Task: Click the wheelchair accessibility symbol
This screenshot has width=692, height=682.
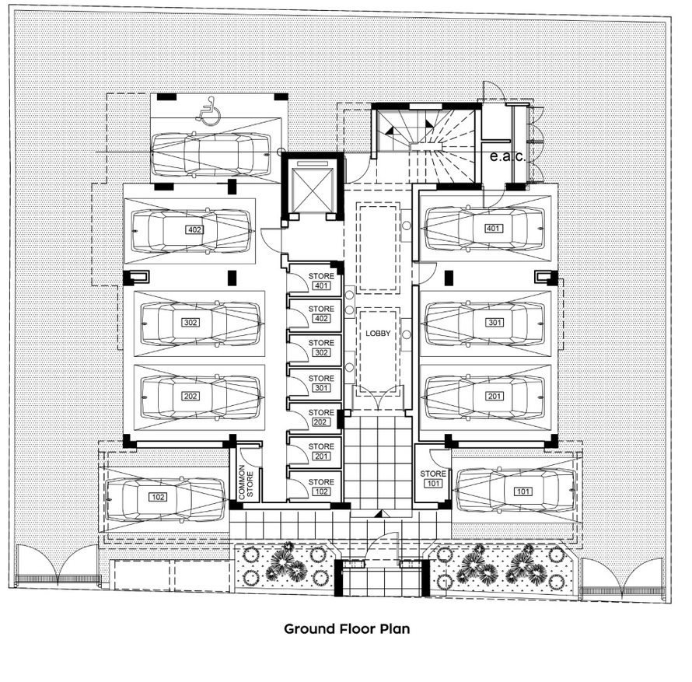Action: (208, 110)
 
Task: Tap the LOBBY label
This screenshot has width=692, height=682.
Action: (378, 334)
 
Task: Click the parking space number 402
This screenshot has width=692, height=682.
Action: (194, 229)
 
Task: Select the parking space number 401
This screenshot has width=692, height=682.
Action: (492, 228)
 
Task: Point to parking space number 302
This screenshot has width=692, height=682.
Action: (190, 322)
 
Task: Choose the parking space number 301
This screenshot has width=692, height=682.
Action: (495, 322)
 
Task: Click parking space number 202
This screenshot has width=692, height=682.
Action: (190, 396)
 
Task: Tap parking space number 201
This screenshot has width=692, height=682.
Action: (494, 396)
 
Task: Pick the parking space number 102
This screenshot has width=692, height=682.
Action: (158, 497)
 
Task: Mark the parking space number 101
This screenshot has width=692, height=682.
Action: (523, 491)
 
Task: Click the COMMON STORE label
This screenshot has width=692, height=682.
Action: (246, 482)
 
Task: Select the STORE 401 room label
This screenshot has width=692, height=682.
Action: (321, 281)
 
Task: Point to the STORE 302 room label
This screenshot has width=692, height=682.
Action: (321, 348)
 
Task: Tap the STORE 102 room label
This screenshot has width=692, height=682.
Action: (321, 487)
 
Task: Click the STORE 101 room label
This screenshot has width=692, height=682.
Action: (433, 478)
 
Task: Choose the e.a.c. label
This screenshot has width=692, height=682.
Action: (508, 156)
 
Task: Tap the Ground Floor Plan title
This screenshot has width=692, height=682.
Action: (347, 628)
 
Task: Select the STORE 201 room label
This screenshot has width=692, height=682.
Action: (321, 451)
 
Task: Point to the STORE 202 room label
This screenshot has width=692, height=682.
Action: (321, 417)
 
